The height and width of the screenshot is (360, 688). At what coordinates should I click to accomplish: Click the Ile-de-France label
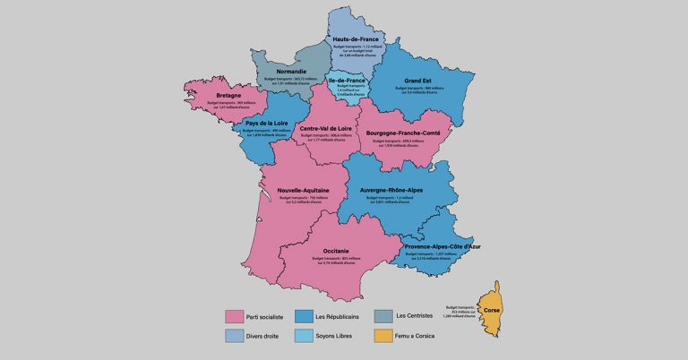tap(348, 80)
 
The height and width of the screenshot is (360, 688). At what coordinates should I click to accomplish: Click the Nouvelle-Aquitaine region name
tap(301, 191)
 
